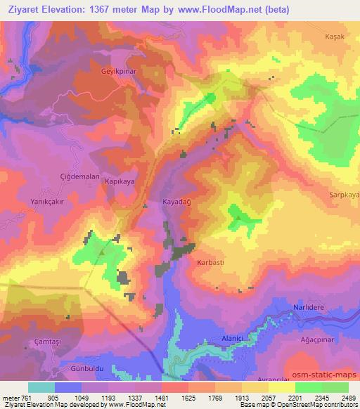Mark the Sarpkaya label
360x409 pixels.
[x=343, y=193]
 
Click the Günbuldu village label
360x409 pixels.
[x=84, y=368]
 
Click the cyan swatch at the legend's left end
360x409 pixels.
[x=41, y=387]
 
